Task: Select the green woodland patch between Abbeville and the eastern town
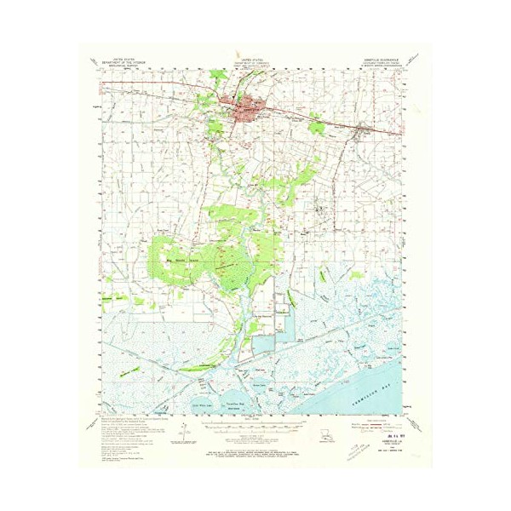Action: tap(316, 127)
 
